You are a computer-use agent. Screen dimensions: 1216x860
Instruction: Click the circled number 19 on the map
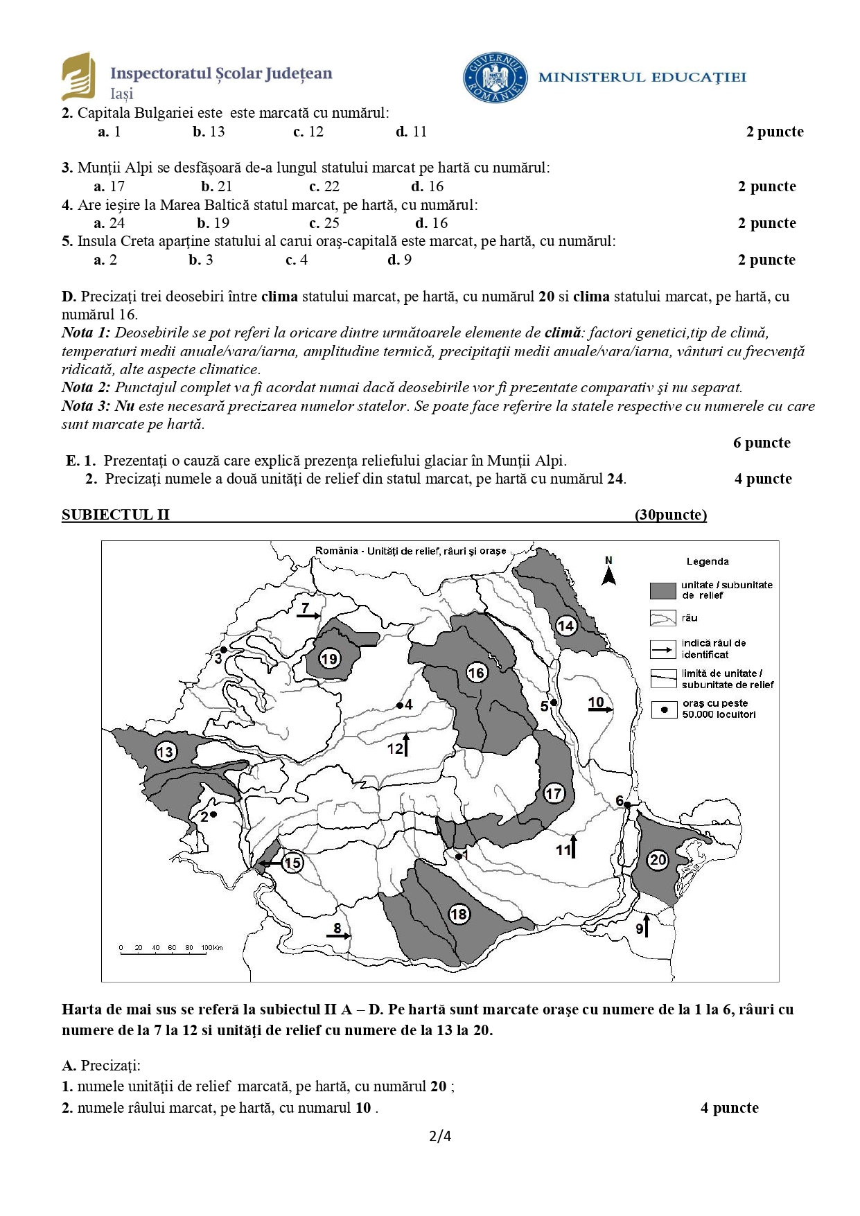[x=329, y=658]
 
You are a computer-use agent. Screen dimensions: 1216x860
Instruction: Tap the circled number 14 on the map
[x=566, y=626]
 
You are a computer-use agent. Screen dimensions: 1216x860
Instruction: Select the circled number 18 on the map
[x=459, y=914]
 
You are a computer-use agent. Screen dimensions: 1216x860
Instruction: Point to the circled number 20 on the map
[x=658, y=860]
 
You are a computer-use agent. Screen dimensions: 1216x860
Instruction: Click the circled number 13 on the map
[x=166, y=752]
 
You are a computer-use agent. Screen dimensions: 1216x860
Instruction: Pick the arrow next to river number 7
[x=310, y=615]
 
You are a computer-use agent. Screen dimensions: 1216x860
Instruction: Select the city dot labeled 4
[x=399, y=705]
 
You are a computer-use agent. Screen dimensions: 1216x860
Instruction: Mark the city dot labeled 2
[x=213, y=815]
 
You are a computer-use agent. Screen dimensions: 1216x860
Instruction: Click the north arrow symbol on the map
[x=608, y=575]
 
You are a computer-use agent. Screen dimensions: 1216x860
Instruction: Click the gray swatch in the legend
[x=662, y=590]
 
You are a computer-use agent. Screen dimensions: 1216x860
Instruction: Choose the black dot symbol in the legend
[x=664, y=710]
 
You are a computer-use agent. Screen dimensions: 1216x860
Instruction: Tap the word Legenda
[x=708, y=561]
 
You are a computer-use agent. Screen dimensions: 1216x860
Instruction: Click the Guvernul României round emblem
[x=495, y=77]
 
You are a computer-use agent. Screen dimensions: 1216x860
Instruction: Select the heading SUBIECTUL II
[x=115, y=515]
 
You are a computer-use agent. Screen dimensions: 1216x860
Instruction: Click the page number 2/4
[x=440, y=1136]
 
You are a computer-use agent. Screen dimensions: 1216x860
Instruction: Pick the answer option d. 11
[x=412, y=132]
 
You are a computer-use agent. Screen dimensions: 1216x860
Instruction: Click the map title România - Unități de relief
[x=410, y=551]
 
